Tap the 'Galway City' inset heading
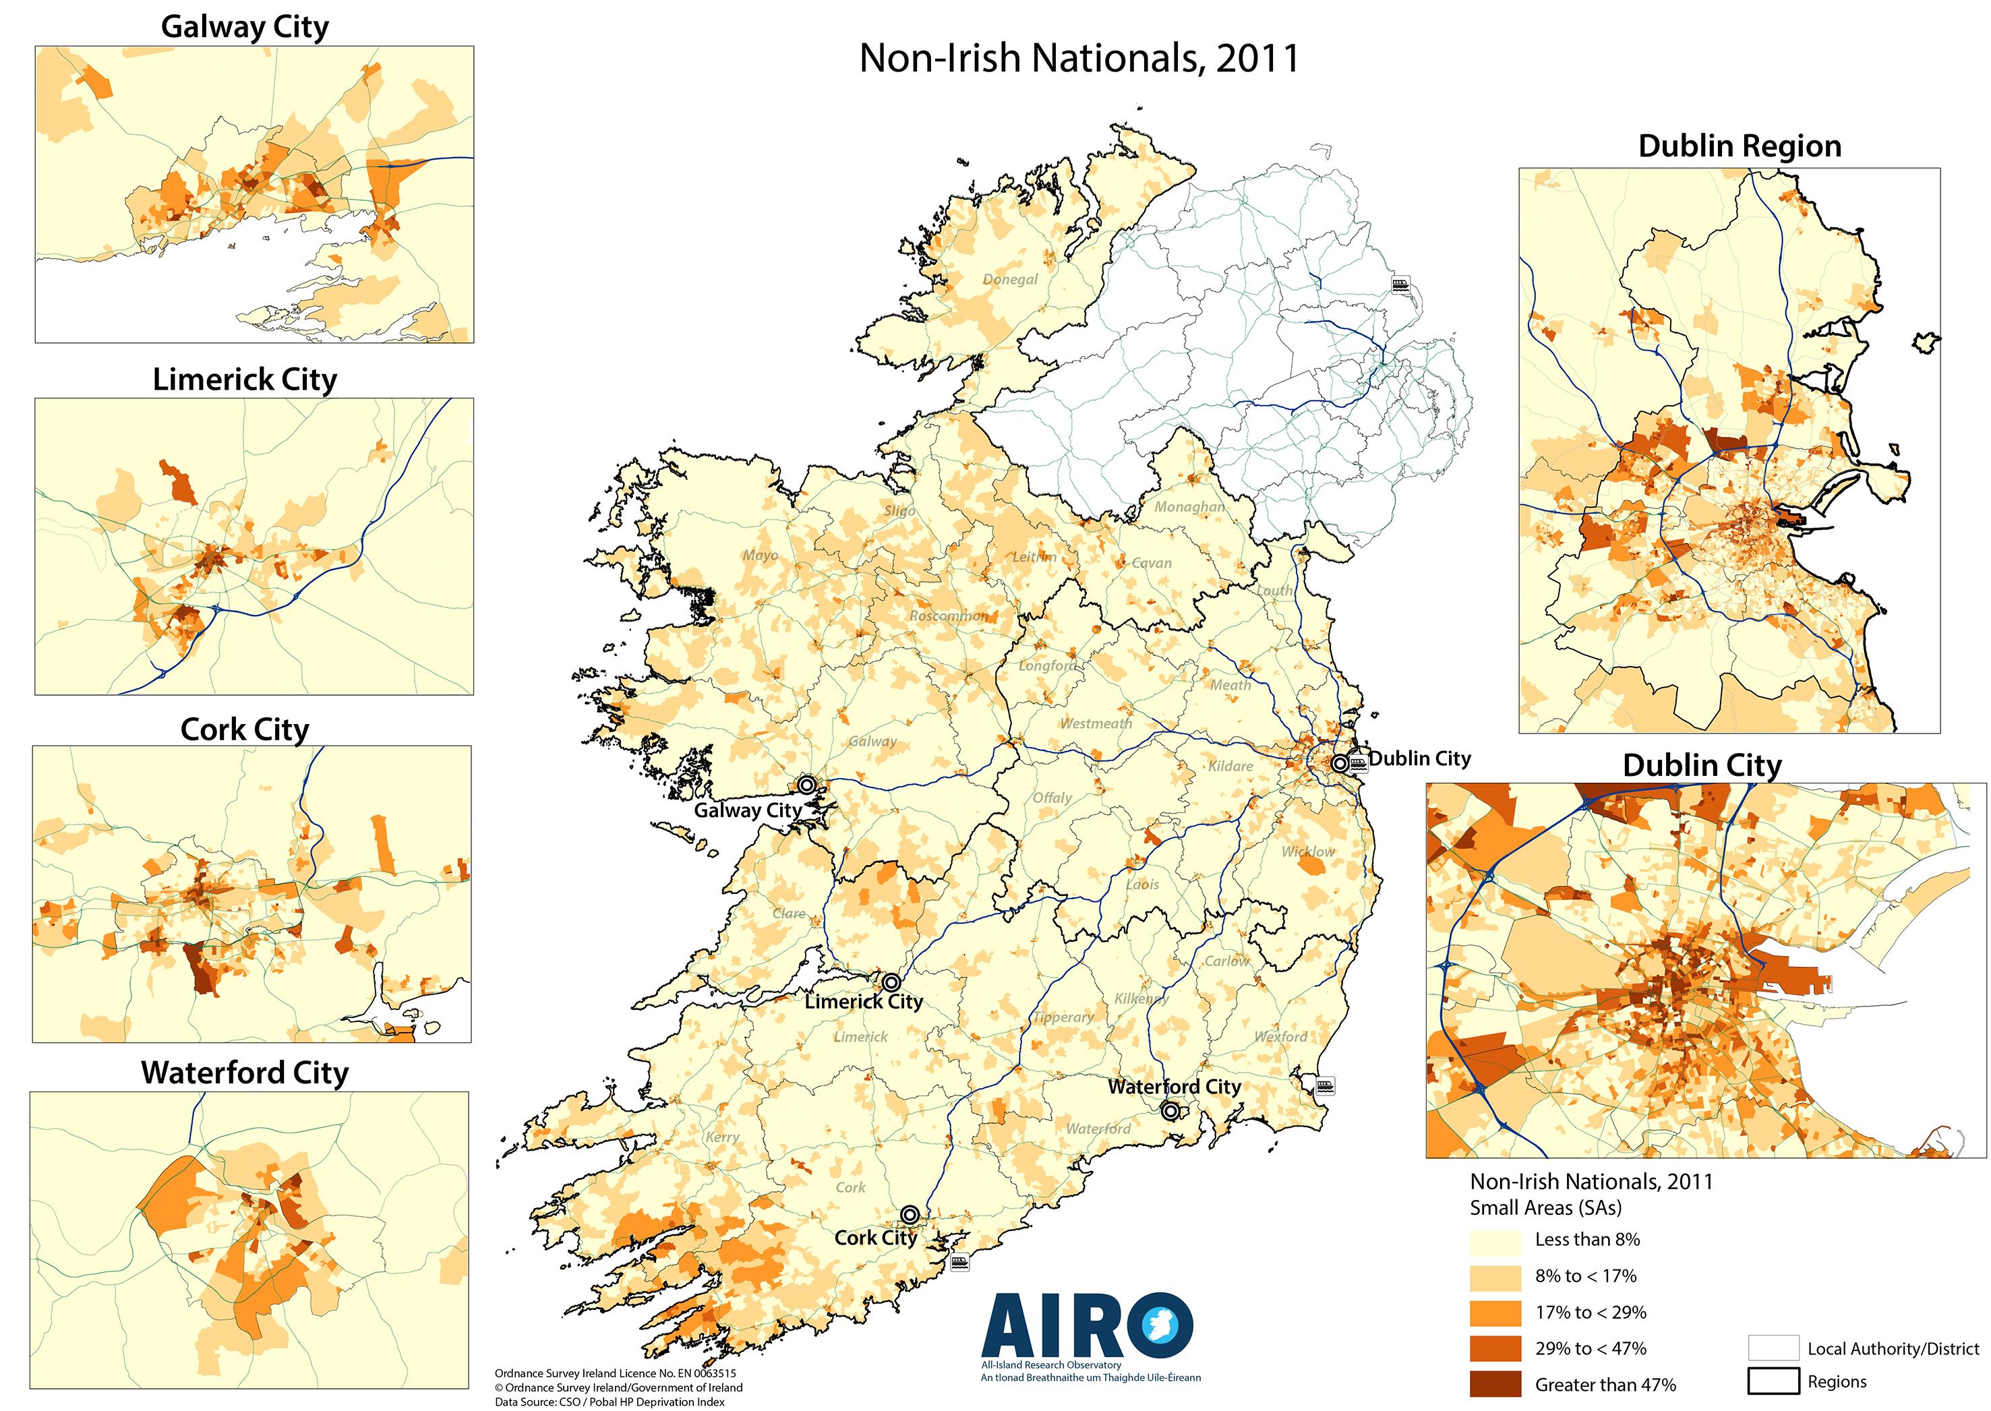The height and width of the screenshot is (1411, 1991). click(x=245, y=27)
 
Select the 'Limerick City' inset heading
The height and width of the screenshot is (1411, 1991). click(x=245, y=380)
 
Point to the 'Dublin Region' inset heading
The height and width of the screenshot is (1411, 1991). click(x=1740, y=146)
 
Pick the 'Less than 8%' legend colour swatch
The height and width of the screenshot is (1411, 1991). click(x=1495, y=1240)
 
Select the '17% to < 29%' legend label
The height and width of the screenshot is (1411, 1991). click(x=1591, y=1312)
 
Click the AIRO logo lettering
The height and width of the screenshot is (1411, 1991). click(x=1086, y=1326)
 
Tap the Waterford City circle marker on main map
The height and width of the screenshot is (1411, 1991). click(x=1170, y=1110)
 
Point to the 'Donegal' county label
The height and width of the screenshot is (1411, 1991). click(x=1010, y=280)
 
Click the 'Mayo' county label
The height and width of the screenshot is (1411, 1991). click(x=761, y=556)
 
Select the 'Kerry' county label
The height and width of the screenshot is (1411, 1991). click(x=722, y=1137)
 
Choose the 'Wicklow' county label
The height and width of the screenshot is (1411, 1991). click(x=1308, y=851)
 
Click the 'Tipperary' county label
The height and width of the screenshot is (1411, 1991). click(x=1064, y=1017)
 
